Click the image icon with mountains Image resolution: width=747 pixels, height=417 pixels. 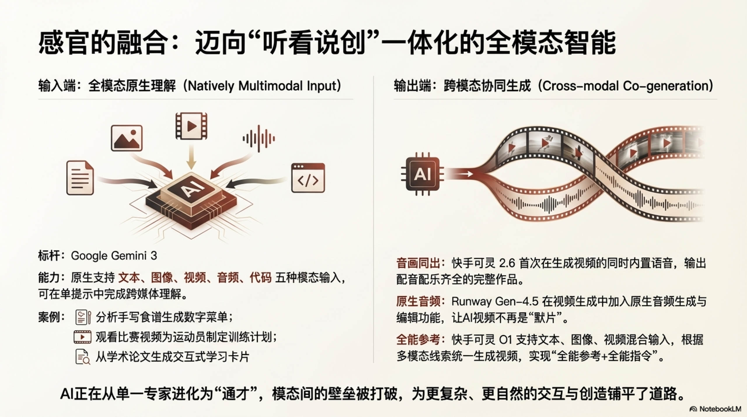pyautogui.click(x=127, y=138)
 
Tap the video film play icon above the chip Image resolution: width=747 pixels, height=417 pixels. pyautogui.click(x=191, y=126)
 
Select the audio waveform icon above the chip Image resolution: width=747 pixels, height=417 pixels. pyautogui.click(x=259, y=139)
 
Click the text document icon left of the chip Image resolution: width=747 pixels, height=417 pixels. pyautogui.click(x=80, y=178)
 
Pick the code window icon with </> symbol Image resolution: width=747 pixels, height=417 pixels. pyautogui.click(x=308, y=178)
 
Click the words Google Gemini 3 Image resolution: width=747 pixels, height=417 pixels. pyautogui.click(x=114, y=256)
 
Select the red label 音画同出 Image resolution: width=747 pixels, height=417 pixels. pyautogui.click(x=418, y=263)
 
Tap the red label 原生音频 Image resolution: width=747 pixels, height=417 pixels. pyautogui.click(x=418, y=301)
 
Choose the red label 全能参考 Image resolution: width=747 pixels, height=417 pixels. pyautogui.click(x=418, y=340)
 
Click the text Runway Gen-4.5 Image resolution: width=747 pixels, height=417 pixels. pyautogui.click(x=495, y=301)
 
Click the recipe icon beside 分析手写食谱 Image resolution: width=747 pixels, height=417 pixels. pyautogui.click(x=83, y=317)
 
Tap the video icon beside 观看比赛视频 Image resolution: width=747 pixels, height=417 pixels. pyautogui.click(x=83, y=337)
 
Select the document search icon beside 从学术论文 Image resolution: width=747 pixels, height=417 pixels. pyautogui.click(x=83, y=357)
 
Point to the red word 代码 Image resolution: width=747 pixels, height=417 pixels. pyautogui.click(x=261, y=278)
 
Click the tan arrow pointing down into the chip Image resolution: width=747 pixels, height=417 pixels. pyautogui.click(x=191, y=158)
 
